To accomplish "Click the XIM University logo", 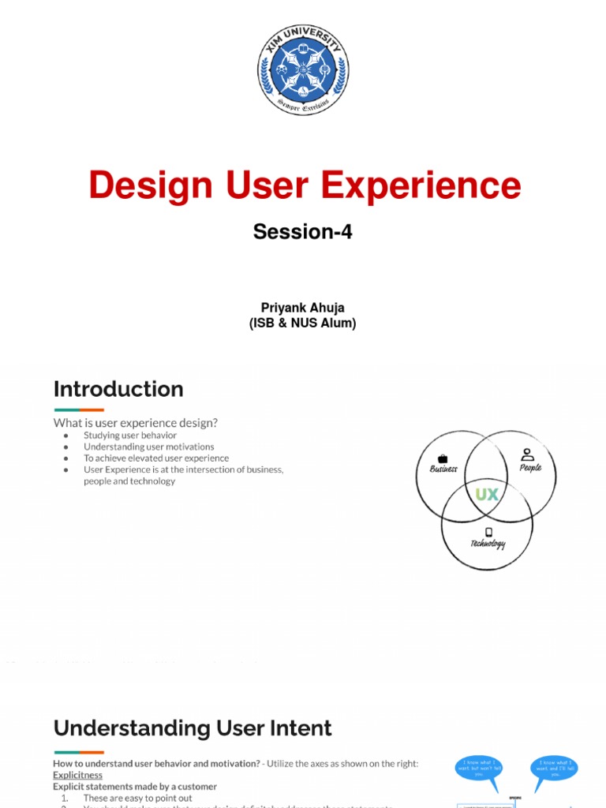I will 302,69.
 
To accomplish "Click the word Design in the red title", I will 150,185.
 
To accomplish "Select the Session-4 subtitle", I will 302,231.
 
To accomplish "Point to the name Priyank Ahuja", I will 302,309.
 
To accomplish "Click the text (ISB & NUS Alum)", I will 302,323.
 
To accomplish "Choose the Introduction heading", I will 118,389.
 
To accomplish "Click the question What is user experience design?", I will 135,423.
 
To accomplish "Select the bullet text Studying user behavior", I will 130,436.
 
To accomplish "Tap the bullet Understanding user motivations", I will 148,447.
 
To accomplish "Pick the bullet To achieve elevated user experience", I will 156,458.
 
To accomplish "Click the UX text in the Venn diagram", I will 487,495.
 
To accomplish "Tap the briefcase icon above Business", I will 443,458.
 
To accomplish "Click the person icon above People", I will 528,454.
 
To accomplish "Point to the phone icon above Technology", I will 488,532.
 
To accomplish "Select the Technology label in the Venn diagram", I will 488,544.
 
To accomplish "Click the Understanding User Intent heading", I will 193,728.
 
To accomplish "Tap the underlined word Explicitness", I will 77,775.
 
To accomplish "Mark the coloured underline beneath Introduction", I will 79,410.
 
